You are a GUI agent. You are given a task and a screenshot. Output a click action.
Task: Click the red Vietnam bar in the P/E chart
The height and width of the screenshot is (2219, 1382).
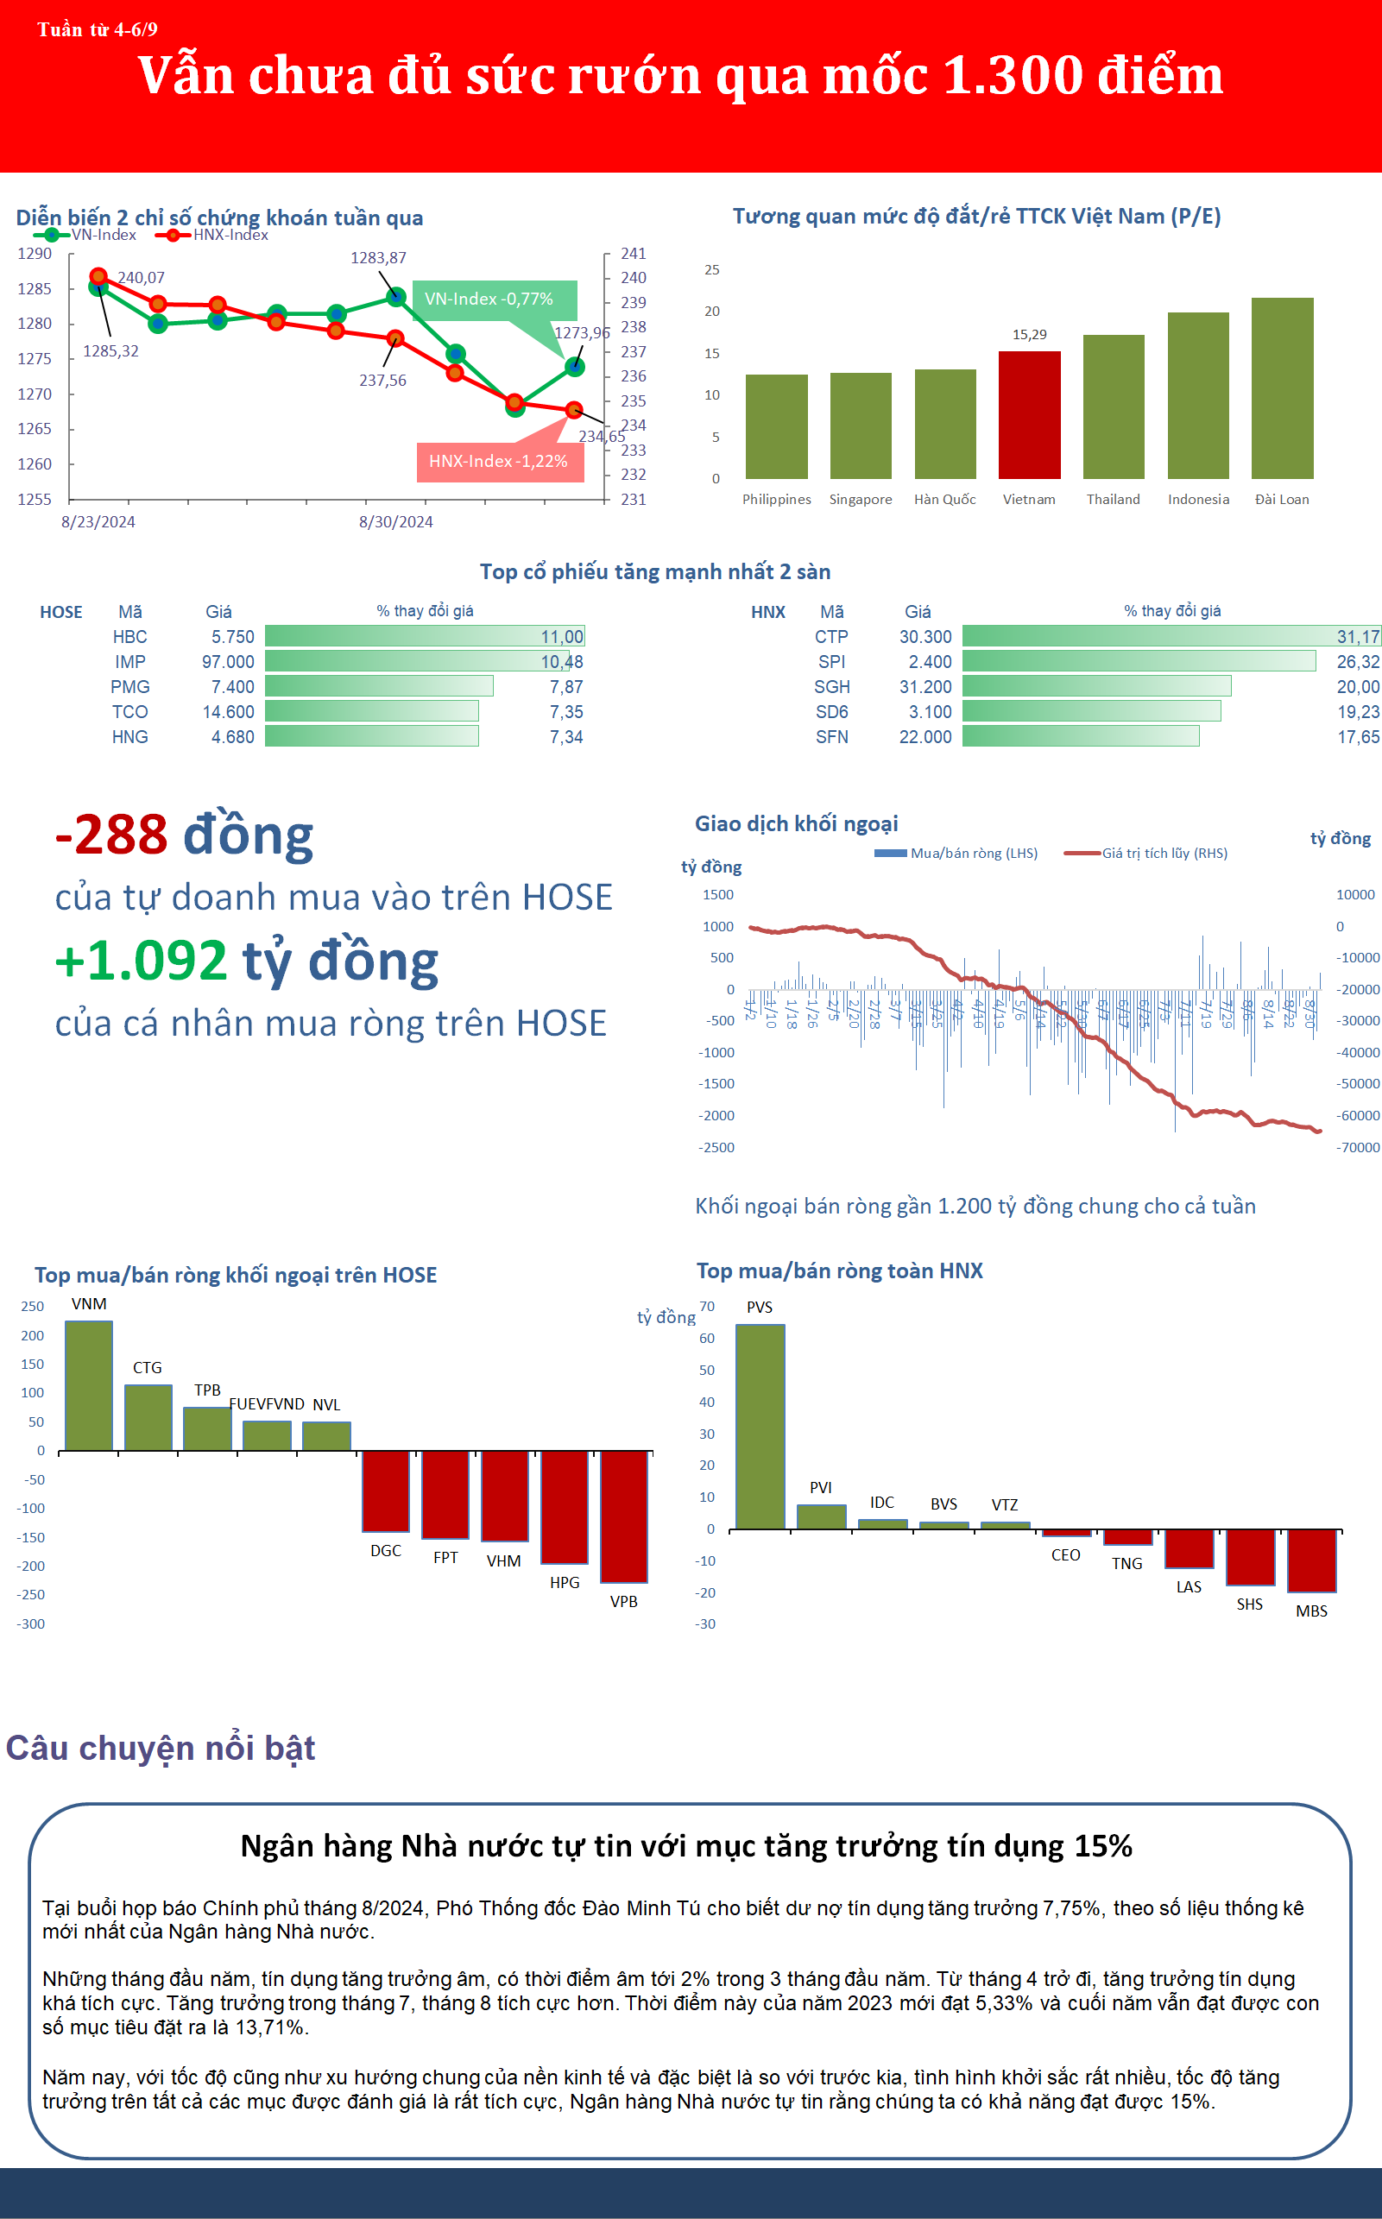coord(1029,415)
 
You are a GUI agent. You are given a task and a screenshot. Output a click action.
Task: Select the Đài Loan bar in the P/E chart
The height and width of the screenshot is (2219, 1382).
coord(1282,388)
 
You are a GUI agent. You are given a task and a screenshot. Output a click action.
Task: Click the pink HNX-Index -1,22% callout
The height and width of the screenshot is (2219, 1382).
coord(499,462)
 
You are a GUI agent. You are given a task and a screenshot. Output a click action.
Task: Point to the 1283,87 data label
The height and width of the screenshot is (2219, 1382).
coord(378,258)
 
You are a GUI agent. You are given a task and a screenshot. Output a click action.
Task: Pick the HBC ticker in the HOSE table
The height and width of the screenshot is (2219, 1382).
coord(129,637)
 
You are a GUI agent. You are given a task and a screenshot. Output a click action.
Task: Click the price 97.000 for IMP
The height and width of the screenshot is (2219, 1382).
coord(228,662)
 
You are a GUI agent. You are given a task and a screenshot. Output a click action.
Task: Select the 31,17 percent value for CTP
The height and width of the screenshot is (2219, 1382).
coord(1357,637)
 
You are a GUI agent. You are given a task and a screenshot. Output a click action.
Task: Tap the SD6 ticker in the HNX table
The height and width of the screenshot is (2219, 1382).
coord(832,712)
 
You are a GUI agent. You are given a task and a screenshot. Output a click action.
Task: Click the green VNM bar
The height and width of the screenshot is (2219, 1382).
coord(89,1385)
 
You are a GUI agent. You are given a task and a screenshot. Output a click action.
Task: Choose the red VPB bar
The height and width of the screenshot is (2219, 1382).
coord(623,1516)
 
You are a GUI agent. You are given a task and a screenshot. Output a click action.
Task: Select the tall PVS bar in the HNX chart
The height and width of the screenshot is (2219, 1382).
coord(760,1426)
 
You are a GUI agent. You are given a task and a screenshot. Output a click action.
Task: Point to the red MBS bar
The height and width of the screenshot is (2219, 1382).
coord(1310,1560)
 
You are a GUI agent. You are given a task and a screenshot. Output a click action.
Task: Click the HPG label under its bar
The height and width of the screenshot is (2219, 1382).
coord(564,1582)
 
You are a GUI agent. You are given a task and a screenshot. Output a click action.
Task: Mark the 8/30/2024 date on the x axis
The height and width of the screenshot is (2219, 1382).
coord(395,522)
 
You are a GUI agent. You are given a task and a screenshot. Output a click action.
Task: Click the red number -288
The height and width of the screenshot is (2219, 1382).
coord(111,835)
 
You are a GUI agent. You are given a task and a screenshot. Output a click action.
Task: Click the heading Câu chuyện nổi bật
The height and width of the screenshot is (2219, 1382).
coord(161,1748)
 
